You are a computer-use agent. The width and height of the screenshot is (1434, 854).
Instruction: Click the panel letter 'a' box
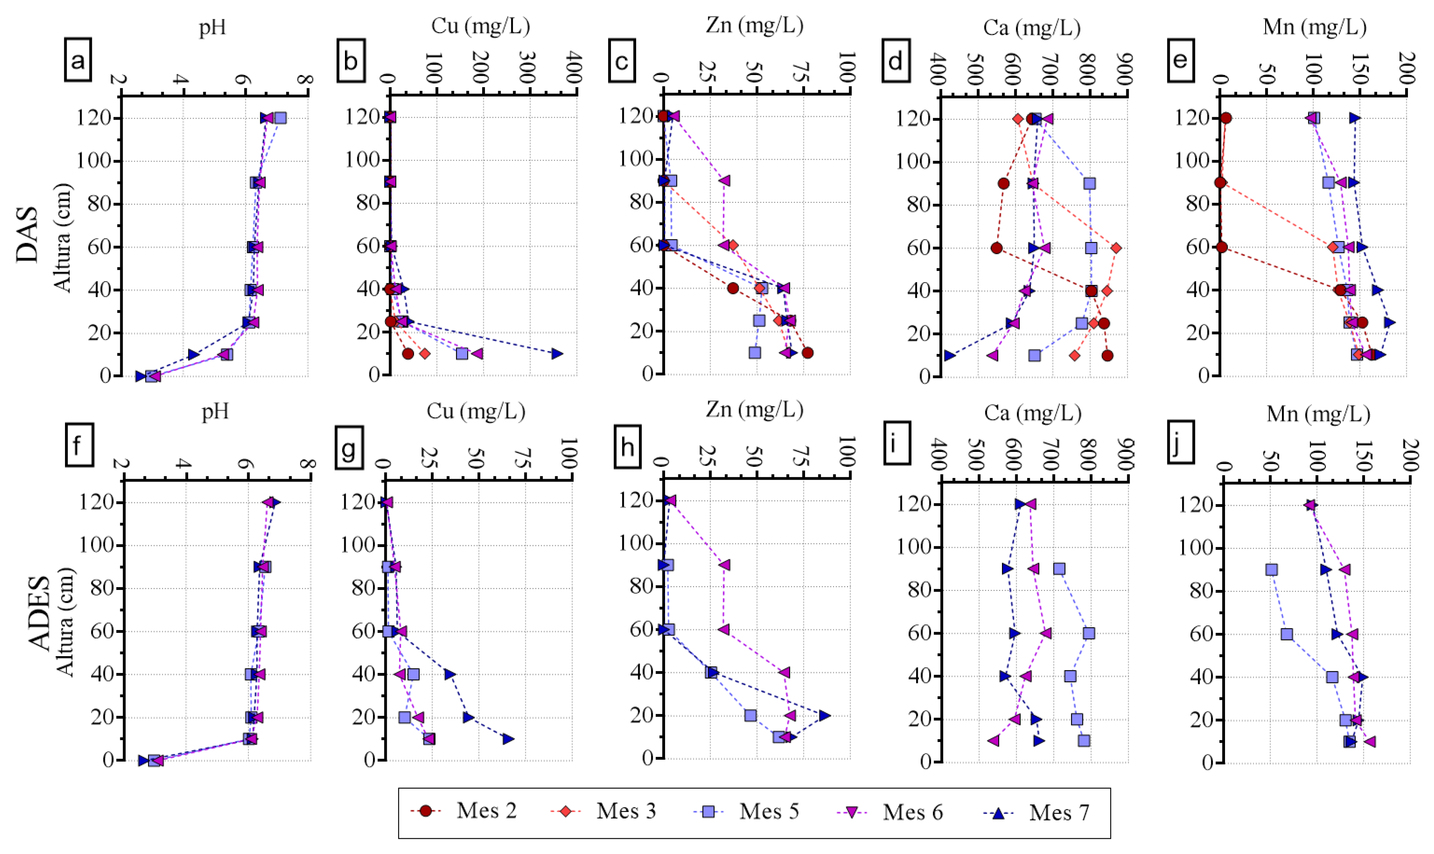click(78, 60)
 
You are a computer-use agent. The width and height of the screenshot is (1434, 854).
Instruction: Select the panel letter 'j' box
click(1180, 441)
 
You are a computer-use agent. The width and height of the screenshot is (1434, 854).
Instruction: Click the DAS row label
click(27, 235)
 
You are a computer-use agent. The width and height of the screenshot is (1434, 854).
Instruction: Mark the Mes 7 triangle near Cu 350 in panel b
click(556, 353)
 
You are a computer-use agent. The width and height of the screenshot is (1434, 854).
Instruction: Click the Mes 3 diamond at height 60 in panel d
click(1116, 248)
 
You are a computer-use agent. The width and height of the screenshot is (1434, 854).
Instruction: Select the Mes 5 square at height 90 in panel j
click(1272, 569)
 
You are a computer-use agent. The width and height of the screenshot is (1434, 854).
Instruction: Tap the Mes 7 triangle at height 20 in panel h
click(824, 715)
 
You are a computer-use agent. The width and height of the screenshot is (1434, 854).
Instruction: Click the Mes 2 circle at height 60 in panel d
click(997, 248)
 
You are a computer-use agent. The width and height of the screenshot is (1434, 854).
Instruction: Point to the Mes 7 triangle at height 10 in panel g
click(507, 738)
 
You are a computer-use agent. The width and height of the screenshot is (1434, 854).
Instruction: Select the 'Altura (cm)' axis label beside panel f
click(65, 622)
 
